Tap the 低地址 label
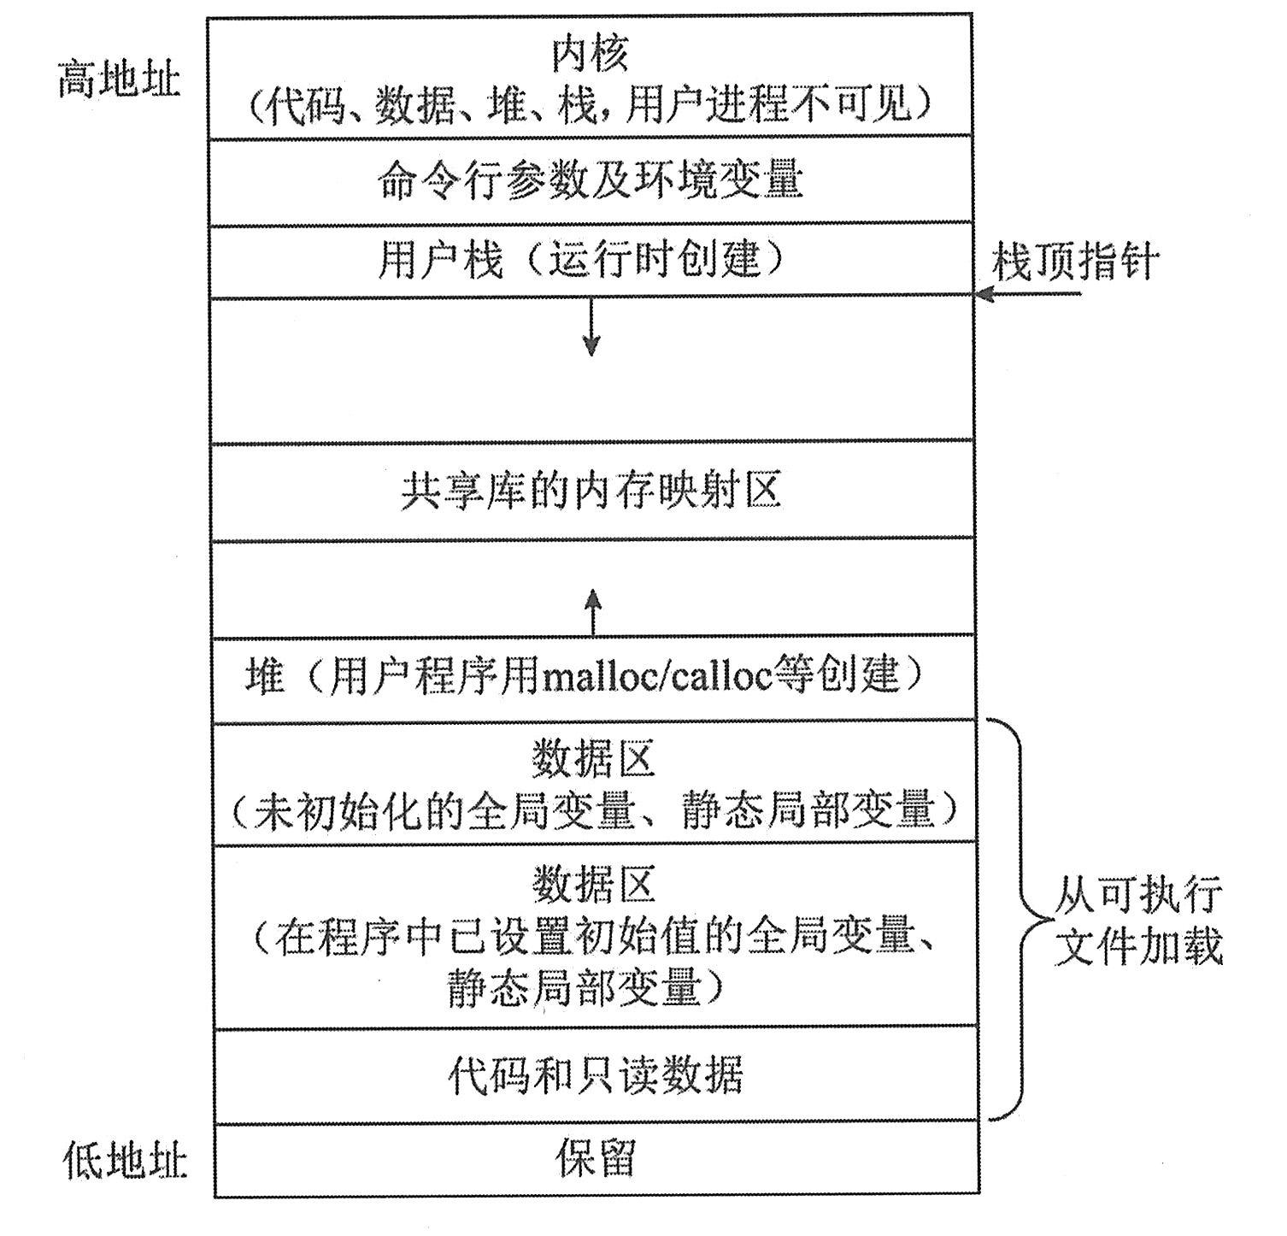[125, 1161]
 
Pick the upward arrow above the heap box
[593, 610]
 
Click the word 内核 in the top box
[590, 54]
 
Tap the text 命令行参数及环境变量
[590, 180]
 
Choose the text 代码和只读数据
[596, 1075]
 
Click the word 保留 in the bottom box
[596, 1159]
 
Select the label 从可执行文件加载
[1137, 920]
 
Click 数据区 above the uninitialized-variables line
[593, 759]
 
